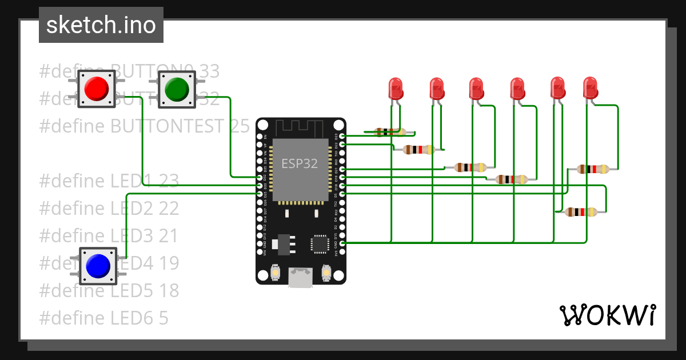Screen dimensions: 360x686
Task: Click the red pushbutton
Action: pos(97,89)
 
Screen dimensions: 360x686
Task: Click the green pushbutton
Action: pos(177,89)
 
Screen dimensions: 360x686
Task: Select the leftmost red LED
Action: pos(396,88)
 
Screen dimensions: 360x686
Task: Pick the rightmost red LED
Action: pos(591,88)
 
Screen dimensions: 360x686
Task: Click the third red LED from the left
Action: pos(477,88)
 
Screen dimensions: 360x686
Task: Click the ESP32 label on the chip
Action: pos(300,163)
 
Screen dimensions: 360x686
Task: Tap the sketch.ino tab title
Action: pos(101,25)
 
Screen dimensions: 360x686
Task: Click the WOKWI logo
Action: pos(607,315)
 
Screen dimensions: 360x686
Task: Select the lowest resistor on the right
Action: pos(581,212)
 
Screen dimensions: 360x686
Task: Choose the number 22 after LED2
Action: pos(169,208)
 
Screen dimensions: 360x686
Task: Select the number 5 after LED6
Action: pos(163,318)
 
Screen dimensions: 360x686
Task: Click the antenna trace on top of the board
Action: pos(300,125)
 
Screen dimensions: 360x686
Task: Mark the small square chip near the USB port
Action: pos(319,244)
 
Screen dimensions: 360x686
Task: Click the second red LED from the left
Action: pos(437,88)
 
